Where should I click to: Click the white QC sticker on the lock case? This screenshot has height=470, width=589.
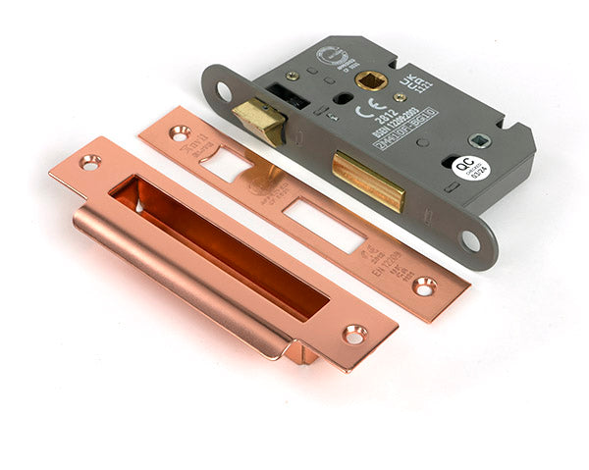469,169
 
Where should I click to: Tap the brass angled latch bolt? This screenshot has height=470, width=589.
259,120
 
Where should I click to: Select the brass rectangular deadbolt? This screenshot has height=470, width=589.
368,180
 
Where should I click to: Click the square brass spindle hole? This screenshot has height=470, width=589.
373,82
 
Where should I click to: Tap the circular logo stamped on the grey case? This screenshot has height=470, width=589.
329,57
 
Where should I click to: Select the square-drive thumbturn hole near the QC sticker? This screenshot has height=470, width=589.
477,140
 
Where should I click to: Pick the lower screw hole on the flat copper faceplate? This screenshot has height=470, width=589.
424,286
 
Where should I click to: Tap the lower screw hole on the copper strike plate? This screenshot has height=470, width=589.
353,335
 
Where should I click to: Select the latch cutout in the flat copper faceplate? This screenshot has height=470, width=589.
227,164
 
